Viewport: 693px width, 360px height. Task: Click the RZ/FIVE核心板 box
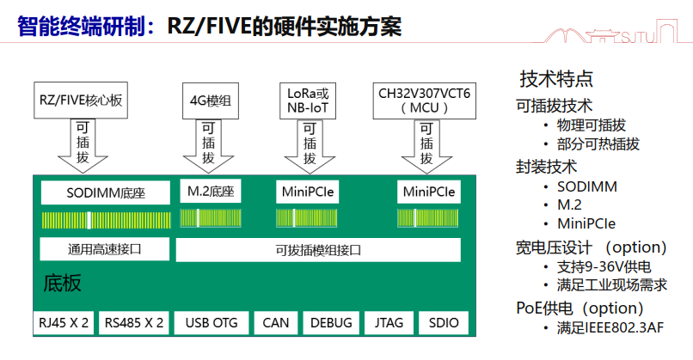coord(82,101)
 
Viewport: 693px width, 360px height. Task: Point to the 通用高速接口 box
coord(104,250)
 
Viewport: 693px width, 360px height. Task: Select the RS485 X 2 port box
coord(134,323)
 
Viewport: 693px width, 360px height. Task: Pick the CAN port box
coord(275,323)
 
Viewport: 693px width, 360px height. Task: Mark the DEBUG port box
coord(331,323)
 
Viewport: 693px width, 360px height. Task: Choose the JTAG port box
coord(389,323)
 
